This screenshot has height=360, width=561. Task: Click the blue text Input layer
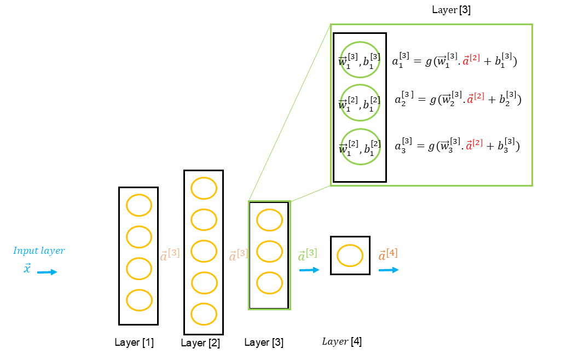pos(39,251)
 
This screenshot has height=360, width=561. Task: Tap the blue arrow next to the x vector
pos(47,272)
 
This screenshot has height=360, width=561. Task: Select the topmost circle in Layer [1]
pos(139,206)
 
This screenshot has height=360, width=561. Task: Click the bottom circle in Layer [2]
pos(204,314)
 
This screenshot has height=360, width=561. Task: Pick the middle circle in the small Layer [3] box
pos(269,252)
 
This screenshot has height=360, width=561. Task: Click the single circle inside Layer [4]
pos(350,256)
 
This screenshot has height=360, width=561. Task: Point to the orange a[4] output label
pos(388,255)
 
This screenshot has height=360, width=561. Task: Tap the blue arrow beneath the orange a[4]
pos(388,270)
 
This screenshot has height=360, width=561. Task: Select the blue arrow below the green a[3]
pos(309,270)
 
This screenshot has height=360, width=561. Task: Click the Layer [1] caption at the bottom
pos(134,342)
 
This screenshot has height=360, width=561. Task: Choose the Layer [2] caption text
pos(200,343)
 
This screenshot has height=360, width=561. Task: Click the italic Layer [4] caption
pos(342,341)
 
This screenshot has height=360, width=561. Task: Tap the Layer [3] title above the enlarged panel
pos(451,10)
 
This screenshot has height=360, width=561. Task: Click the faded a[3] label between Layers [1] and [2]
pos(170,254)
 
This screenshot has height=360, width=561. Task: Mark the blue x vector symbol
pos(27,269)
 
